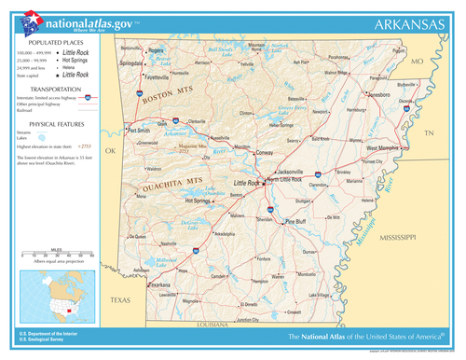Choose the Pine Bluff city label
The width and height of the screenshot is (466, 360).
click(295, 221)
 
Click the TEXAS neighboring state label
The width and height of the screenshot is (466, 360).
click(120, 299)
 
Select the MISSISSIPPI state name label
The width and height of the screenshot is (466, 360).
click(398, 240)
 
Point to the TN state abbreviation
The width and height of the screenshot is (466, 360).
click(429, 134)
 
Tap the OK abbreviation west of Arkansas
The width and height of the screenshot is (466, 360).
click(110, 150)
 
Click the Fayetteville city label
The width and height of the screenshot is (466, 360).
click(143, 76)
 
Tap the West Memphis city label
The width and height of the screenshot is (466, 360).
click(382, 148)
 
